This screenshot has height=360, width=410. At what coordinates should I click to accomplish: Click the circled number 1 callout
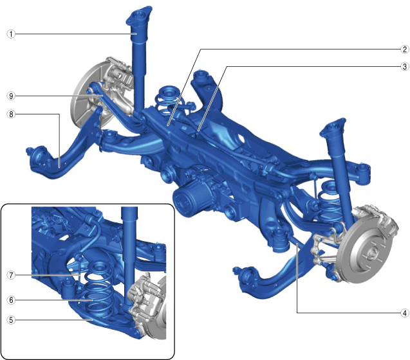click(x=11, y=34)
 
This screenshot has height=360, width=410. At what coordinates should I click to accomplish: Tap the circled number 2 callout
click(x=404, y=49)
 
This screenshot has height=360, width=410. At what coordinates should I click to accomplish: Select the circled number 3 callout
click(x=404, y=66)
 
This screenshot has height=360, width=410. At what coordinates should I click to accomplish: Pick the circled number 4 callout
click(x=404, y=312)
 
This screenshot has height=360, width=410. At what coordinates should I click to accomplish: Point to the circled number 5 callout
click(x=11, y=319)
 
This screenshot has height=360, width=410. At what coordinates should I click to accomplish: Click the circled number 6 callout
click(x=11, y=300)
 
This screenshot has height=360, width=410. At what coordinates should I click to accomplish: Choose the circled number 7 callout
click(x=11, y=275)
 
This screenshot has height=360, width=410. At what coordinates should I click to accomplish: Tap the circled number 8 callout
click(x=11, y=114)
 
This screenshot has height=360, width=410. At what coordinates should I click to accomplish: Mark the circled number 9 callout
click(x=11, y=96)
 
